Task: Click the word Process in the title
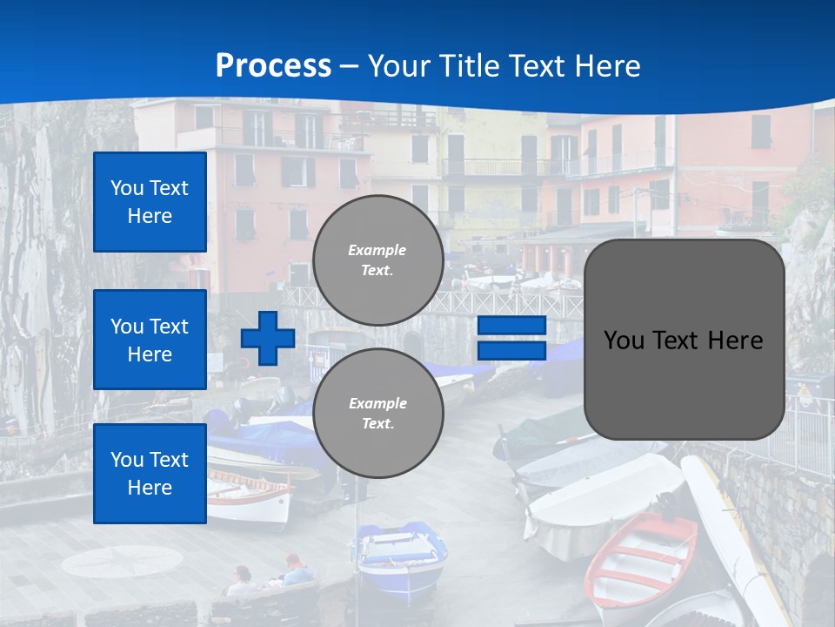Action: tap(273, 65)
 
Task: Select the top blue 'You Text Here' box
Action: tap(150, 202)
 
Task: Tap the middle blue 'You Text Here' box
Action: tap(150, 340)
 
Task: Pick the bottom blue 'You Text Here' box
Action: tap(150, 473)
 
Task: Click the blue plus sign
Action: tap(268, 338)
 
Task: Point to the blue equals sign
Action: tap(511, 338)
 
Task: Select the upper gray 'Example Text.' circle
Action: tap(377, 260)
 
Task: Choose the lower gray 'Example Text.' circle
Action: tap(377, 414)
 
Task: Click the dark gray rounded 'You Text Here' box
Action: tap(684, 340)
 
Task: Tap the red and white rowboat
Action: tap(641, 557)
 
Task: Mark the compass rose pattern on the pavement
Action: tap(122, 562)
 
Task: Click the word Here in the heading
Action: tap(604, 65)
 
